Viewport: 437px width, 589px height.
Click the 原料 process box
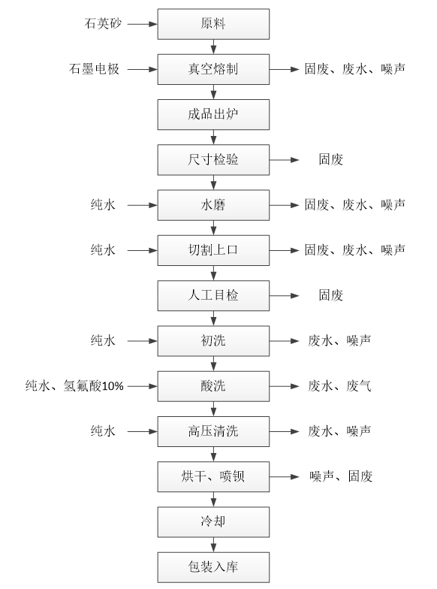[x=213, y=24]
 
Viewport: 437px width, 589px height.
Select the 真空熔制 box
[x=213, y=69]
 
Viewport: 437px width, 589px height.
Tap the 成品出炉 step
[x=213, y=114]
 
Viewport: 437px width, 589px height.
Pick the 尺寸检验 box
[x=213, y=159]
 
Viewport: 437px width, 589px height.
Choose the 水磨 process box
[x=213, y=205]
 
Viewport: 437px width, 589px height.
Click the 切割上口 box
[x=213, y=250]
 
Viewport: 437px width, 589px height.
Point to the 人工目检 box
[x=213, y=296]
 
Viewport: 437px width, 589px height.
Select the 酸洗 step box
[x=213, y=386]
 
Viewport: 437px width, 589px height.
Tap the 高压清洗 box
[x=213, y=431]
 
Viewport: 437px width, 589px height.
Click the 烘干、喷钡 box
[x=213, y=476]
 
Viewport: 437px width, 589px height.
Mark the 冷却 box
[x=213, y=521]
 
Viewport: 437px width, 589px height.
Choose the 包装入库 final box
[x=213, y=567]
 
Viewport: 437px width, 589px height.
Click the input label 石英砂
[x=103, y=24]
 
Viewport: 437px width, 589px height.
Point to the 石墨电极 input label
[x=95, y=69]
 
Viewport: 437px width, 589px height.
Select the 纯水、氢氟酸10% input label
[x=74, y=386]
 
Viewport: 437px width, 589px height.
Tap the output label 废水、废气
[x=339, y=386]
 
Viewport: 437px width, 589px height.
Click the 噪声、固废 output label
[x=341, y=476]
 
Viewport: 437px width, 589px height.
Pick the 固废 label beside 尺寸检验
[x=330, y=159]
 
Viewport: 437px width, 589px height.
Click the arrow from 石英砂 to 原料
[x=143, y=24]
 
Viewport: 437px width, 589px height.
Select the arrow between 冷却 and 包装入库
[x=213, y=545]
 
